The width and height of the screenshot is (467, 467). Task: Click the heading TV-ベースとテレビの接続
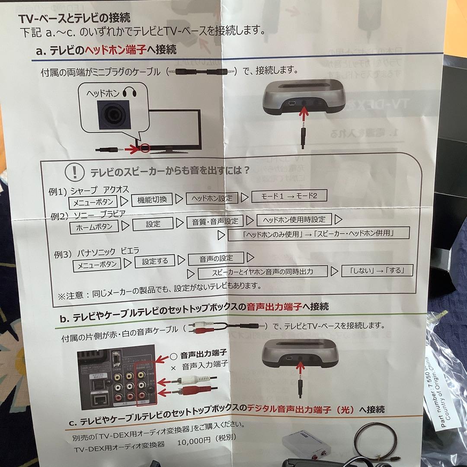(74, 19)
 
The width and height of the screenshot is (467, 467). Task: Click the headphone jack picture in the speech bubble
(114, 115)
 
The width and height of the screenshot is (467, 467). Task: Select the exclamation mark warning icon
(74, 172)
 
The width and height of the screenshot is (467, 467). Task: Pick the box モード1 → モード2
(289, 196)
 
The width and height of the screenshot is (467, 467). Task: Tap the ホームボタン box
(94, 226)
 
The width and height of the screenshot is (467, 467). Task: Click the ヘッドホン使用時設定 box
(294, 219)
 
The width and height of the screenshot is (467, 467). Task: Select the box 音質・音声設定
(212, 221)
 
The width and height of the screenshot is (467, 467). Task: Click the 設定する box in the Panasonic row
(154, 261)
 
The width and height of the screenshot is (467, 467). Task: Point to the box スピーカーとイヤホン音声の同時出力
(262, 272)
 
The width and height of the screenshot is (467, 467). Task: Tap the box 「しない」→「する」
(377, 271)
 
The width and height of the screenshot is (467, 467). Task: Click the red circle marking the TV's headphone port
(145, 148)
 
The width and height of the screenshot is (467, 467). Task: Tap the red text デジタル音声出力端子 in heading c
(291, 409)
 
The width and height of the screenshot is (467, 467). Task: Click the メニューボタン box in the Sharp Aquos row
(93, 202)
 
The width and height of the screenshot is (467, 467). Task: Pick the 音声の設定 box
(216, 259)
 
